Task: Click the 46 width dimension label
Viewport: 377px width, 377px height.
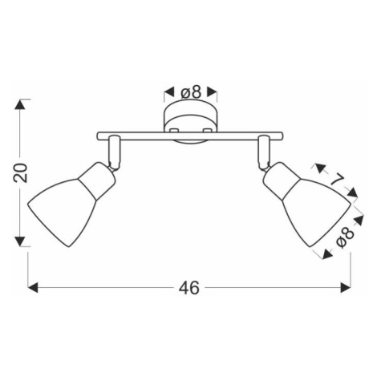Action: point(189,288)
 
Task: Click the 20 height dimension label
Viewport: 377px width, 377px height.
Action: point(21,173)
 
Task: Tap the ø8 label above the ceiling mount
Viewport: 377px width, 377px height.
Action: point(190,92)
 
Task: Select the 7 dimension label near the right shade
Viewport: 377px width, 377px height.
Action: point(337,180)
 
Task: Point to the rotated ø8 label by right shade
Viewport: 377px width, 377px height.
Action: point(345,237)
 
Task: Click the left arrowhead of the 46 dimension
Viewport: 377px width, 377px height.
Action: point(33,288)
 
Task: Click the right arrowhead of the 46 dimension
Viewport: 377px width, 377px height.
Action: point(345,288)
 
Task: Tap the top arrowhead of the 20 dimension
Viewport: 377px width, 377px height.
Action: point(20,104)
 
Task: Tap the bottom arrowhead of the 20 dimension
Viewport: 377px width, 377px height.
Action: point(20,241)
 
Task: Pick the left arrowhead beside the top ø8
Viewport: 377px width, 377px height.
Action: point(168,92)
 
